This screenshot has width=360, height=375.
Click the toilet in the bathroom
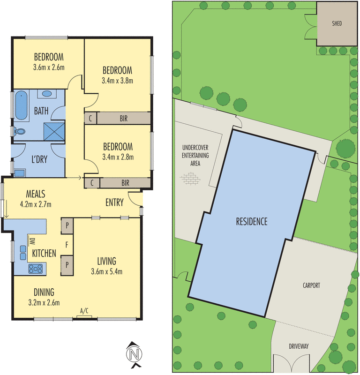tap(19, 132)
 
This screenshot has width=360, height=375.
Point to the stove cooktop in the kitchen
tap(36, 269)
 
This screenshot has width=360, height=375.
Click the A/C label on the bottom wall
tap(84, 311)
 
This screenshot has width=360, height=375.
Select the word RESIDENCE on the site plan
tap(252, 221)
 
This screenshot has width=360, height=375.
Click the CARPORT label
tap(311, 285)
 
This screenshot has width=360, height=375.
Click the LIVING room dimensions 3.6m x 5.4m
tap(106, 271)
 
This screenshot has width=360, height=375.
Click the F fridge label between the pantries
tap(67, 244)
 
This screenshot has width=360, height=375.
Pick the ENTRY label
tap(114, 202)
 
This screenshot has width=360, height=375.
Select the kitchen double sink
tap(22, 253)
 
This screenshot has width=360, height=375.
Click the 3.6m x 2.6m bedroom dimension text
tap(49, 67)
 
